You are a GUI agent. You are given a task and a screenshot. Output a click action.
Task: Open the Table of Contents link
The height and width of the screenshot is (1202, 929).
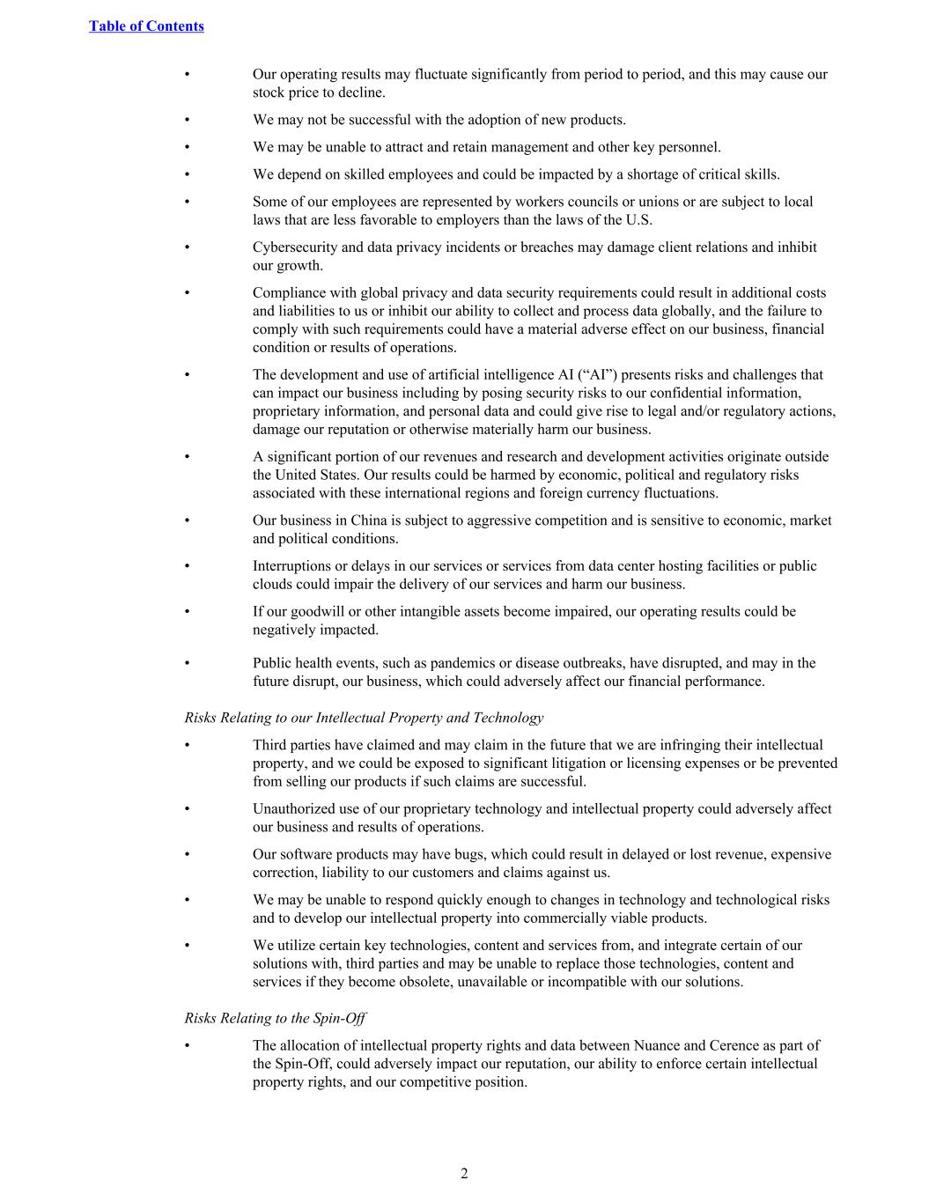146,26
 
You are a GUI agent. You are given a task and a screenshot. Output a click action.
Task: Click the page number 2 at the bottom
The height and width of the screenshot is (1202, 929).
464,1173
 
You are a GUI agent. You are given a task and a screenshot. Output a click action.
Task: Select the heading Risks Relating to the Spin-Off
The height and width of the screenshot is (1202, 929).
275,1018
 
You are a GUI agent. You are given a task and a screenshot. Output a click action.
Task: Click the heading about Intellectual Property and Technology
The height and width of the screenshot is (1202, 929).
364,718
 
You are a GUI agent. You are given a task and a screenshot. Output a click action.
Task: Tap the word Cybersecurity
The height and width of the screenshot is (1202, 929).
296,247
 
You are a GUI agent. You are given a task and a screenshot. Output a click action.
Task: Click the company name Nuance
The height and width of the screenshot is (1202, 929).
656,1045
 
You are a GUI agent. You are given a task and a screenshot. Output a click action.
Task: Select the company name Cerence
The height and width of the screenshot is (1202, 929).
739,1045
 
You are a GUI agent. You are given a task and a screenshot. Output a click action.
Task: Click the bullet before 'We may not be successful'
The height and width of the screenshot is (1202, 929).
188,121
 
